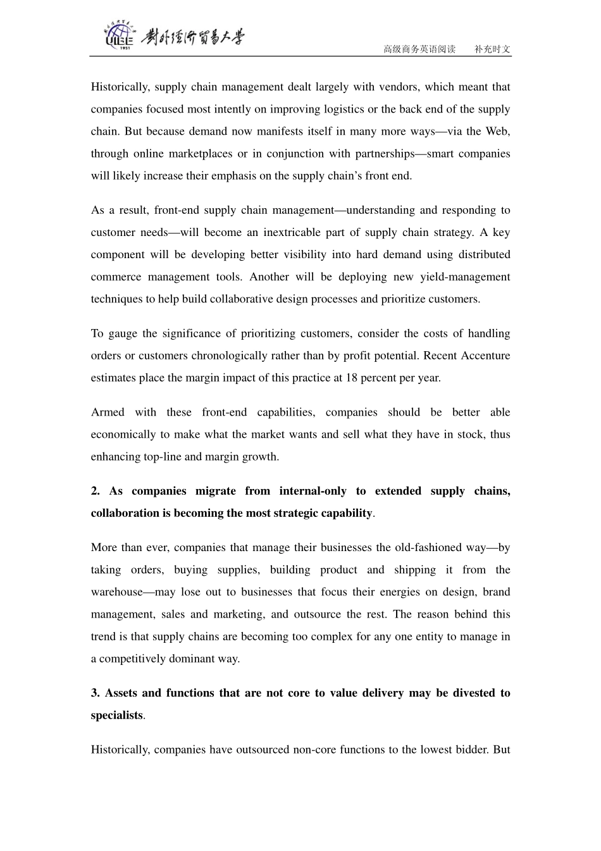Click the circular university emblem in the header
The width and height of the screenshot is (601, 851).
118,36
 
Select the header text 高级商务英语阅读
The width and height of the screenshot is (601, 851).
419,49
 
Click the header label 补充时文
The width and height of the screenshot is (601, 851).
492,49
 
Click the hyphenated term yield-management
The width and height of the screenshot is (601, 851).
465,277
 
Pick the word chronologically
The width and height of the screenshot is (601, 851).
215,356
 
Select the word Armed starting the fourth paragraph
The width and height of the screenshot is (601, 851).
108,413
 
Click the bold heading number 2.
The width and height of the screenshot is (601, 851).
95,492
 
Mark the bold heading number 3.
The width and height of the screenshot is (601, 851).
95,693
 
